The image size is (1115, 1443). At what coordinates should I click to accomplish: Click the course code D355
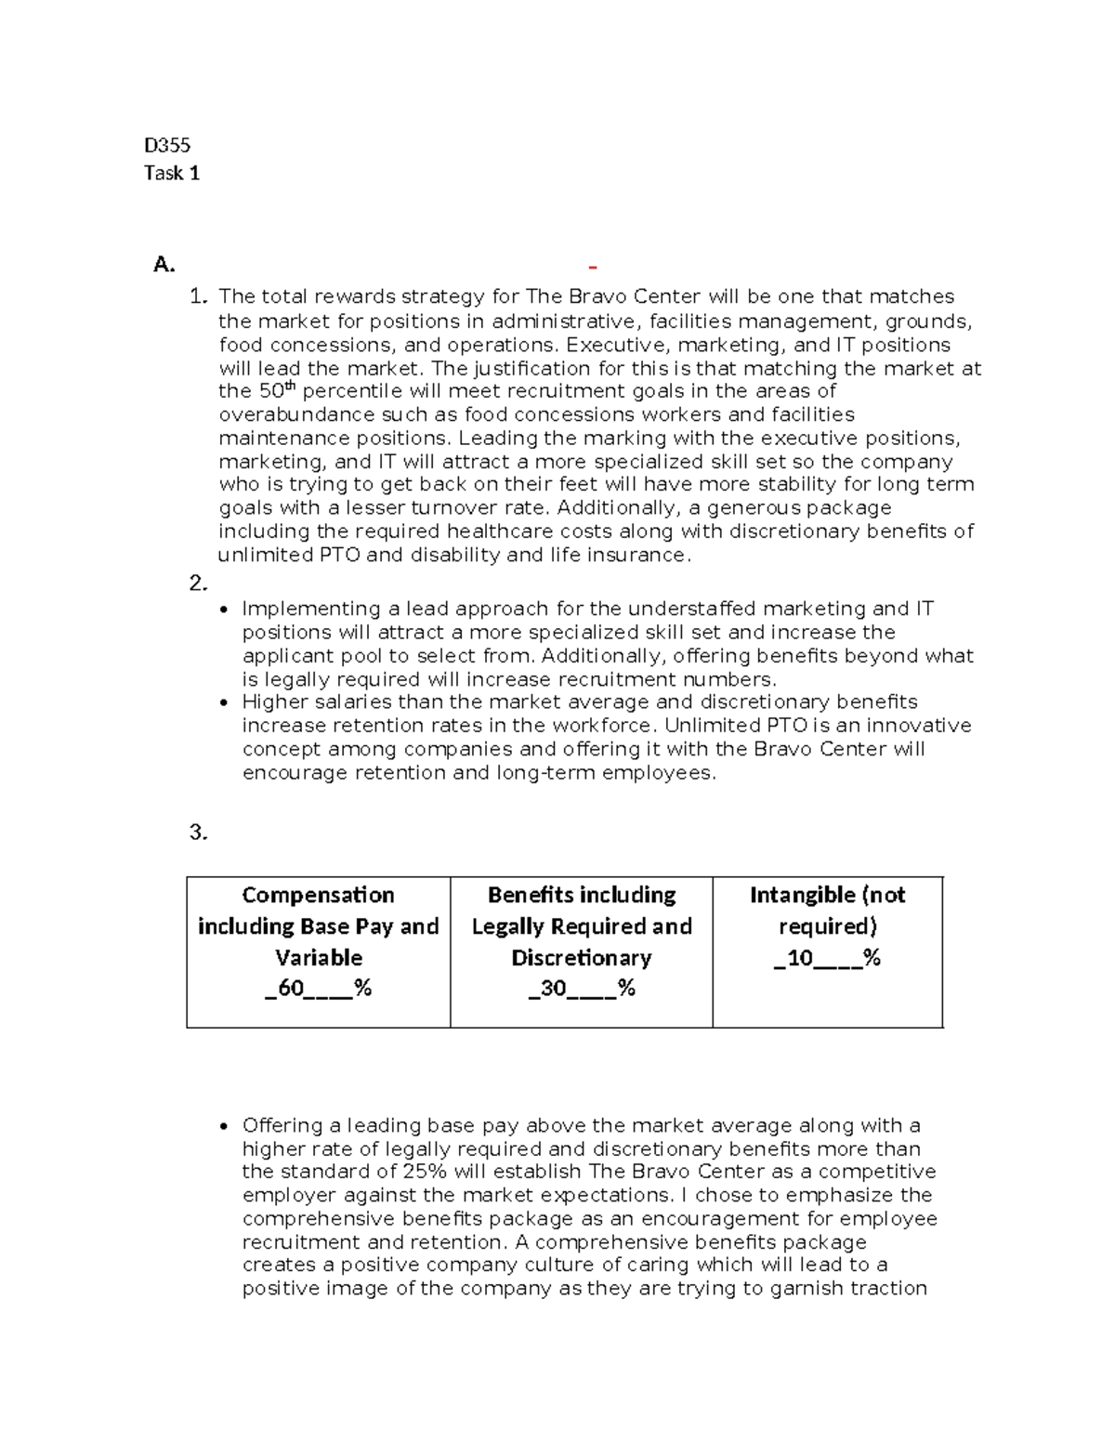click(167, 145)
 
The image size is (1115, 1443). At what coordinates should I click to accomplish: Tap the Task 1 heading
click(172, 173)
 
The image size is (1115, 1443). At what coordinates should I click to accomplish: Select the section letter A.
click(164, 266)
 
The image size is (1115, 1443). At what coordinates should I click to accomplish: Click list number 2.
click(198, 584)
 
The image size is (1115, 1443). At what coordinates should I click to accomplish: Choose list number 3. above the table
click(198, 833)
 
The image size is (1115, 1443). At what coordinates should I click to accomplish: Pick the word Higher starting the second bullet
click(271, 702)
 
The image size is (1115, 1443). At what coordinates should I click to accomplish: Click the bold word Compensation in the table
click(318, 895)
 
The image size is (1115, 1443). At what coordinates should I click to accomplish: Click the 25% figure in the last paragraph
click(426, 1172)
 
